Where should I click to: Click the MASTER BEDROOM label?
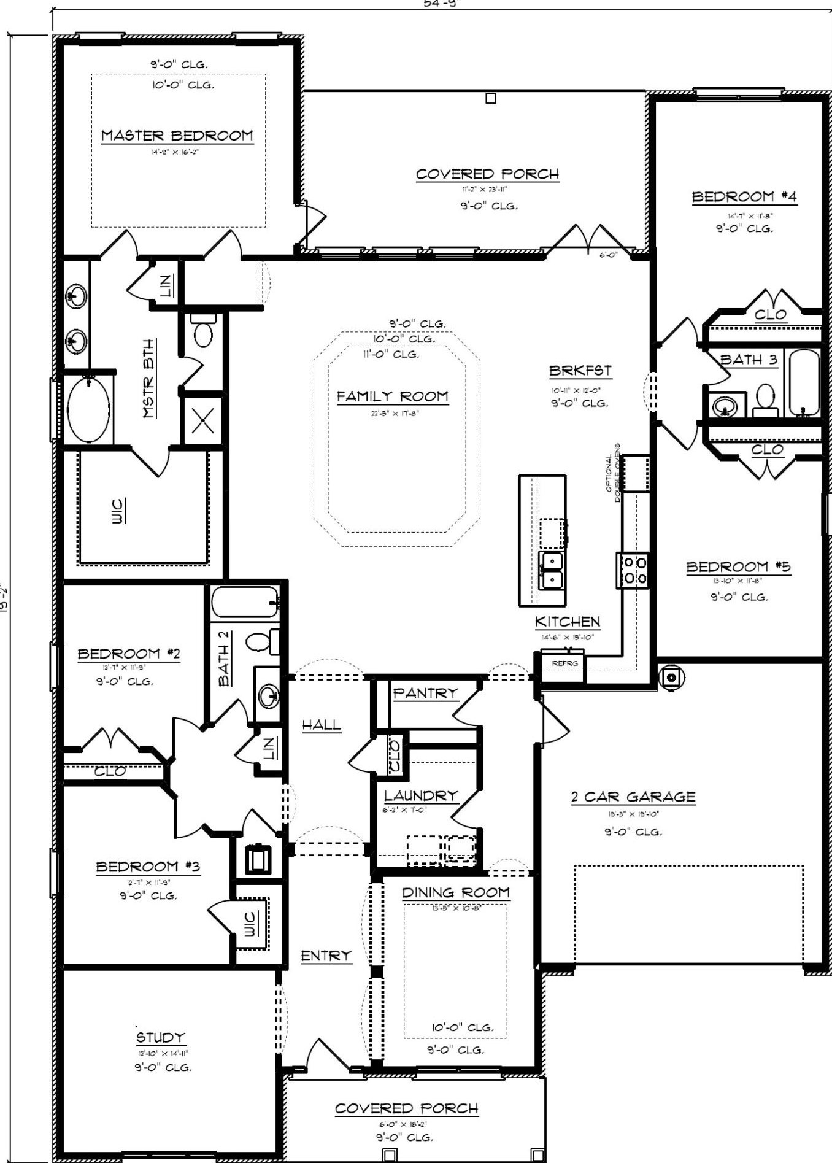(x=177, y=136)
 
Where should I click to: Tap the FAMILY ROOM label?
(x=392, y=396)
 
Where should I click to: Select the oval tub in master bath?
(x=88, y=409)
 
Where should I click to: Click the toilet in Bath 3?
(x=765, y=400)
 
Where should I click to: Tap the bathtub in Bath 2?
(x=245, y=602)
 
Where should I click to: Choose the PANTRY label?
(x=425, y=694)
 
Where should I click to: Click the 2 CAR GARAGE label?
(x=633, y=797)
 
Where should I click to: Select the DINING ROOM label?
(x=455, y=892)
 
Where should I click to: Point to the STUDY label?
(x=160, y=1038)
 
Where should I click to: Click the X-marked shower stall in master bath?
(x=202, y=420)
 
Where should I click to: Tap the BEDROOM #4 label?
(x=744, y=197)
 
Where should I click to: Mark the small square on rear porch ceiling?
(x=490, y=98)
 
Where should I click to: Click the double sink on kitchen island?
(x=551, y=570)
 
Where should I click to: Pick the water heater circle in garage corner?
(x=671, y=678)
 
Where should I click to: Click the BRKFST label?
(x=580, y=371)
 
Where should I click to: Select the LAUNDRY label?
(x=421, y=796)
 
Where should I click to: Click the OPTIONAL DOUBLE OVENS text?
(x=614, y=473)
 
